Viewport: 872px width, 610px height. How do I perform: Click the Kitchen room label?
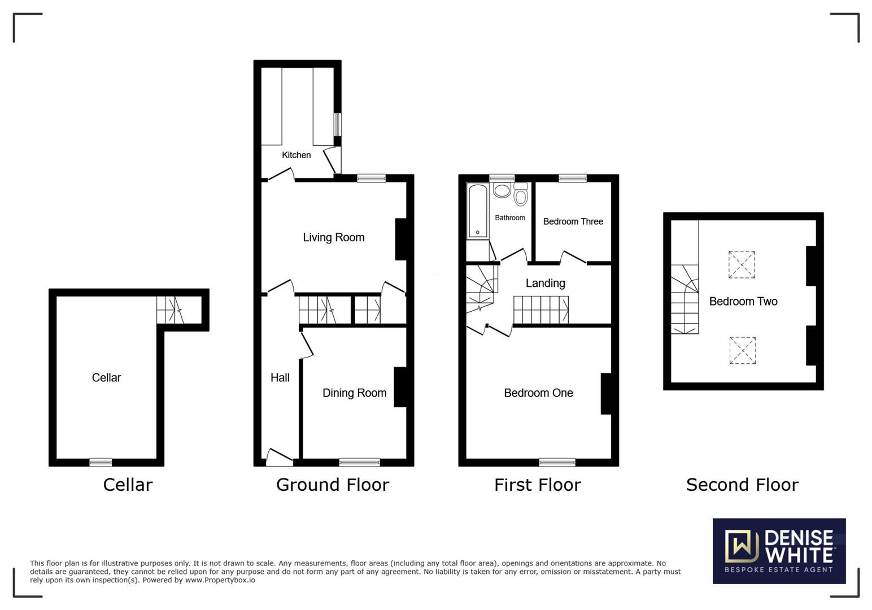(x=296, y=155)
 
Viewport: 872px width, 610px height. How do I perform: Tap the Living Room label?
(x=333, y=238)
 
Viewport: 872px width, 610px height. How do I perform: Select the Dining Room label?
(x=354, y=393)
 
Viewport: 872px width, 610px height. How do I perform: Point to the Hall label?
(x=280, y=378)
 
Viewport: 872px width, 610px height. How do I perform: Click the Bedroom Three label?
(x=573, y=221)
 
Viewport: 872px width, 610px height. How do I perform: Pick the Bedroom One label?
(x=538, y=393)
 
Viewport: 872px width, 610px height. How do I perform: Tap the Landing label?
(x=545, y=284)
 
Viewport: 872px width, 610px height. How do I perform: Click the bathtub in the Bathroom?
(x=478, y=211)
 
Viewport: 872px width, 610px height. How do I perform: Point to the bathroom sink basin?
(x=502, y=190)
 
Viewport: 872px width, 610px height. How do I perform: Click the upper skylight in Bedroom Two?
(x=742, y=265)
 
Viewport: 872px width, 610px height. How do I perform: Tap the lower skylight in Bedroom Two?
(x=742, y=350)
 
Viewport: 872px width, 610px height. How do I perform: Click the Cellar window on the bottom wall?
(x=101, y=463)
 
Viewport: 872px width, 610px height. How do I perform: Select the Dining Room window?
(x=359, y=463)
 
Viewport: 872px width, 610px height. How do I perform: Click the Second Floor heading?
(x=742, y=485)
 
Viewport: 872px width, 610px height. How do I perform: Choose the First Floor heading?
(x=537, y=485)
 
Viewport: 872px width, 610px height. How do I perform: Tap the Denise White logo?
(x=779, y=551)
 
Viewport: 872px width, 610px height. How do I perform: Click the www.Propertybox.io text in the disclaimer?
(x=220, y=580)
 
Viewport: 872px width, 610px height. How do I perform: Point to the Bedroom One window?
(x=557, y=463)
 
